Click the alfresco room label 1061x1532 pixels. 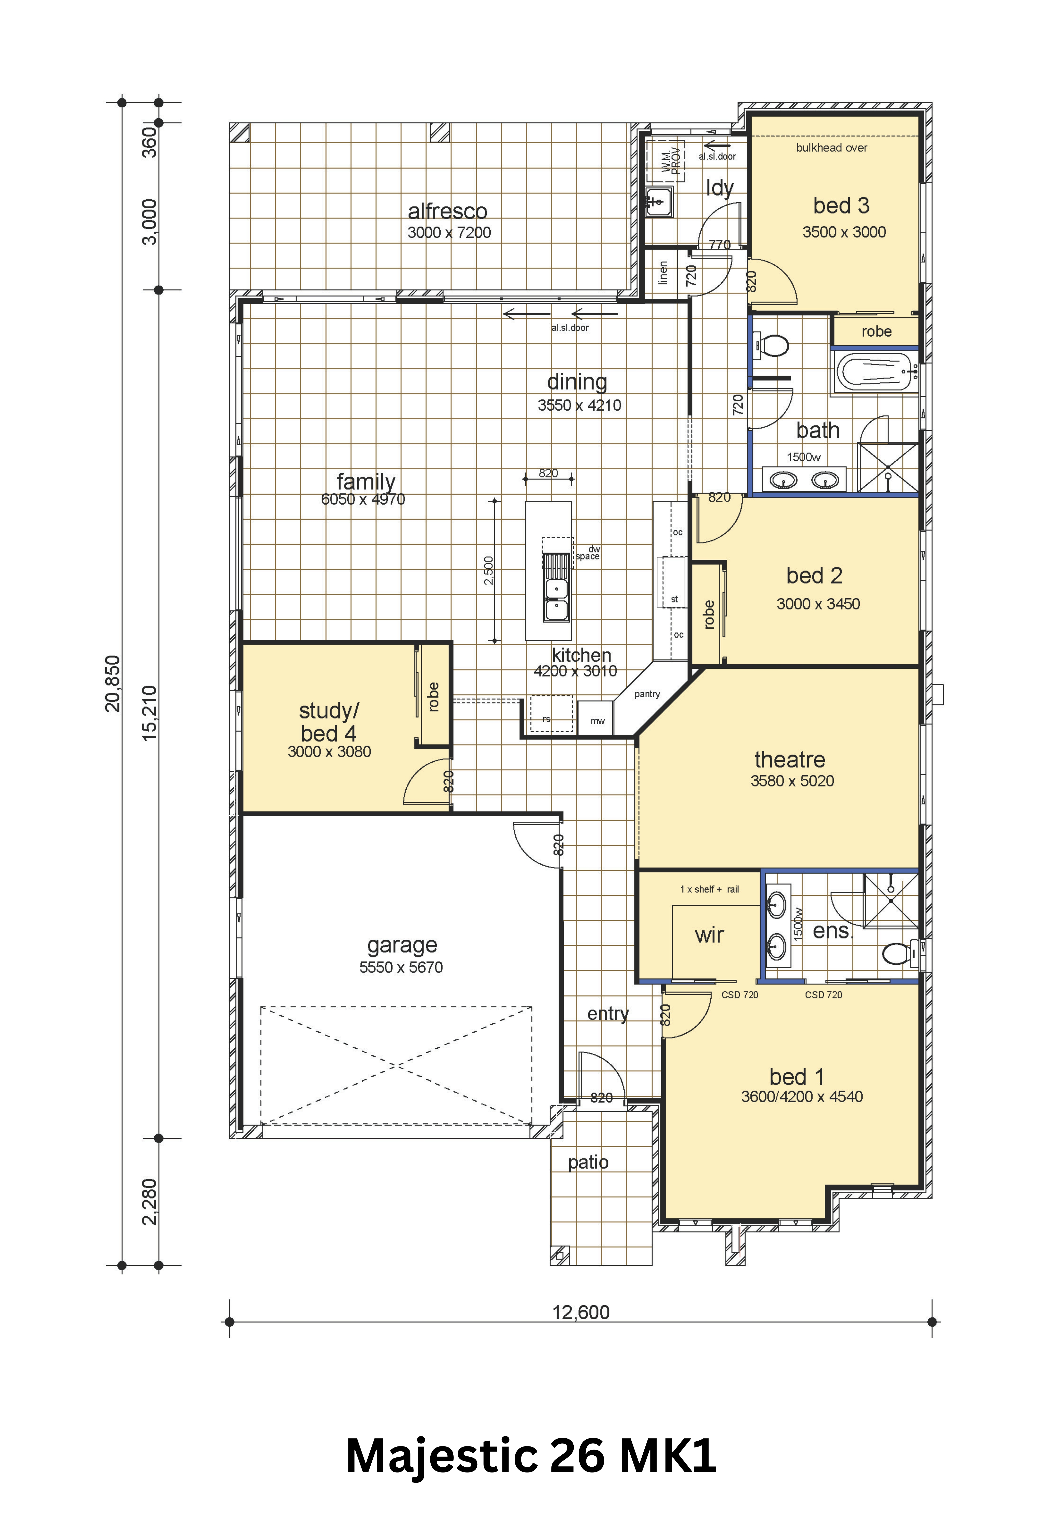pyautogui.click(x=447, y=211)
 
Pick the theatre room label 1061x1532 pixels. pyautogui.click(x=790, y=759)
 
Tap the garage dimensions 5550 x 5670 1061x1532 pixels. pyautogui.click(x=401, y=967)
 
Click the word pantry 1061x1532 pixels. pyautogui.click(x=647, y=694)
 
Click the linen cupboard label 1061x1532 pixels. pyautogui.click(x=663, y=272)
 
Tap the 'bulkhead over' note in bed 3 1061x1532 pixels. pyautogui.click(x=832, y=148)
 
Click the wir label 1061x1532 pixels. pyautogui.click(x=709, y=935)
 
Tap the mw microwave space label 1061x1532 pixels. pyautogui.click(x=598, y=721)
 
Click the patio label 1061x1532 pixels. pyautogui.click(x=588, y=1162)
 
